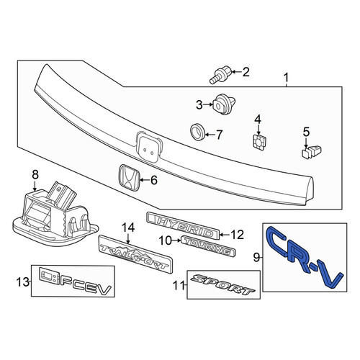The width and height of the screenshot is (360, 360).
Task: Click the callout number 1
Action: [x=286, y=78]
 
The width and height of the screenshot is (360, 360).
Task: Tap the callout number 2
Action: [x=246, y=72]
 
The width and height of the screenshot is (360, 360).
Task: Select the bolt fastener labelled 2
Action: [x=220, y=74]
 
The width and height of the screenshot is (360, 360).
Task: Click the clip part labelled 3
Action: [x=224, y=105]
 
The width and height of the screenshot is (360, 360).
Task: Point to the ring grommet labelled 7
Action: [x=197, y=132]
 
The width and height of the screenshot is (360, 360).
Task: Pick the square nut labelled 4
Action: [x=258, y=143]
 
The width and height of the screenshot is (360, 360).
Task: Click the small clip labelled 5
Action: [x=312, y=152]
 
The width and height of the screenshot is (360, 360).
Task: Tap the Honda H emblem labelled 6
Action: [x=129, y=178]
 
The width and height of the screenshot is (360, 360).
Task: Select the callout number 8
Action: [x=35, y=175]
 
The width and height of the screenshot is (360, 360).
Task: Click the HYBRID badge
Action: [x=183, y=225]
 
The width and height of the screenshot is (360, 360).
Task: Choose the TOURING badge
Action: [x=208, y=246]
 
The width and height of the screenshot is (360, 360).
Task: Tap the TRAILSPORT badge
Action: [x=136, y=254]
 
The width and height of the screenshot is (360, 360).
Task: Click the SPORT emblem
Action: [x=222, y=284]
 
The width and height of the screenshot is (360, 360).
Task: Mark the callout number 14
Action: [x=128, y=228]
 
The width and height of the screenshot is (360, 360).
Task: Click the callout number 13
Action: [x=23, y=282]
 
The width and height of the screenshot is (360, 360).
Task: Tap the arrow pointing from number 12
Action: [x=225, y=235]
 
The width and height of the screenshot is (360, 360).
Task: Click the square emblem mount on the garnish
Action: [x=149, y=146]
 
